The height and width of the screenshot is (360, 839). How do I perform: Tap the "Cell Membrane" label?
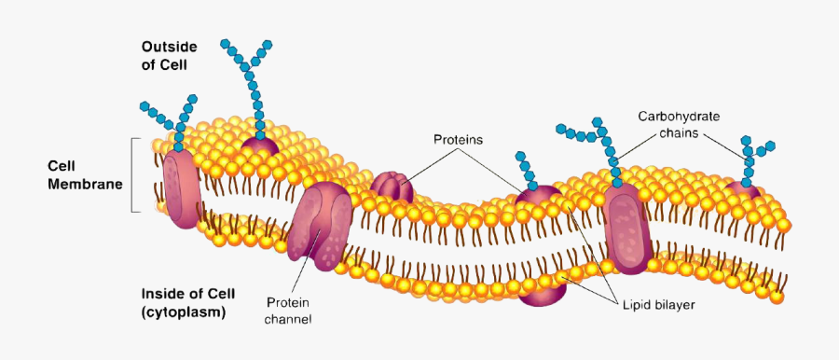click(x=85, y=175)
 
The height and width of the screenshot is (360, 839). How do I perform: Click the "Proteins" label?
click(x=458, y=140)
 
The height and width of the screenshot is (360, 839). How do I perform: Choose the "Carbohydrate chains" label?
click(x=679, y=125)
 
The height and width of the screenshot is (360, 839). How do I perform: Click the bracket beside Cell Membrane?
click(x=136, y=175)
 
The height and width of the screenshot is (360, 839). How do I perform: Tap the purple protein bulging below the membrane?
click(x=544, y=290)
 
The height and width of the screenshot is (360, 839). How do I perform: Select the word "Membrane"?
click(x=85, y=185)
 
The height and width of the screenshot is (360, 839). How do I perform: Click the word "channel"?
click(x=289, y=319)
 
